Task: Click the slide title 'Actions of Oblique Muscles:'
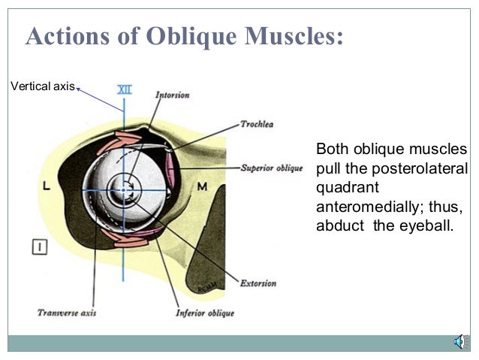coord(185,36)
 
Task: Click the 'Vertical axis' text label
coord(42,86)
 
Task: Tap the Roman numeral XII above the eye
coord(124,89)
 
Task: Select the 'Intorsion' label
coord(172,95)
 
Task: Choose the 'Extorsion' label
coord(258,283)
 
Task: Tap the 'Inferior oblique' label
coord(204,313)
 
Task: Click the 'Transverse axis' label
coord(67,313)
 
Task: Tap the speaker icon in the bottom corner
coord(458,343)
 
